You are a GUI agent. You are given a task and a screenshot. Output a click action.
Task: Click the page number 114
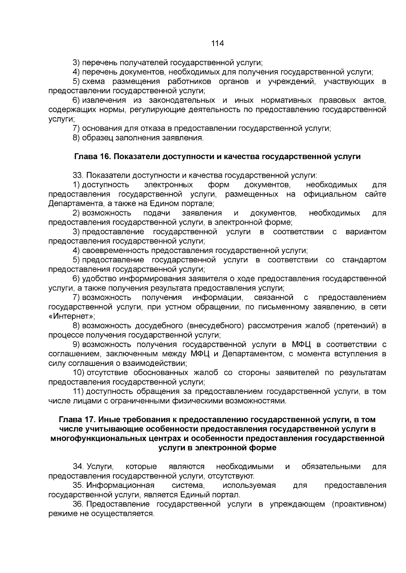point(218,43)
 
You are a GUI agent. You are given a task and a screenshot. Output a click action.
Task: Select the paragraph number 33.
point(78,175)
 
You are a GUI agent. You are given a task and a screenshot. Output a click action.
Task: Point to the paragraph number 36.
point(78,504)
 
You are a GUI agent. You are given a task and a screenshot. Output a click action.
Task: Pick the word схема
point(94,81)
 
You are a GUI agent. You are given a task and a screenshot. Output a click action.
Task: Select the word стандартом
point(364,260)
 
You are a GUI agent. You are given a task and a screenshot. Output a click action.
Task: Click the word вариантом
point(366,232)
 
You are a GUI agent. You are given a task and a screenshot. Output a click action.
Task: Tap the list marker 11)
point(78,392)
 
